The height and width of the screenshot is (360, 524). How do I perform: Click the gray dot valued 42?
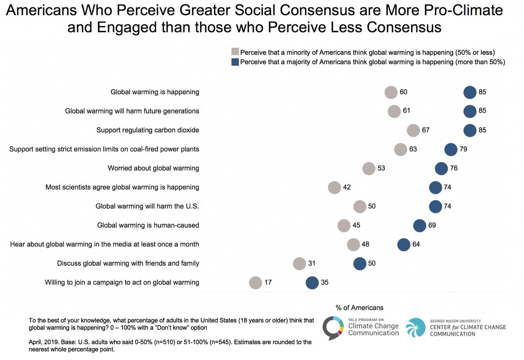[334, 187]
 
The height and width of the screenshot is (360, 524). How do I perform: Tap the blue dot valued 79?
[451, 149]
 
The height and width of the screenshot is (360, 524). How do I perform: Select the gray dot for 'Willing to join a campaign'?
[255, 283]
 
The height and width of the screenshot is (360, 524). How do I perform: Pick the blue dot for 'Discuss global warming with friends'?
[359, 263]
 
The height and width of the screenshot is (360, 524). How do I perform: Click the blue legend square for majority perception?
[236, 62]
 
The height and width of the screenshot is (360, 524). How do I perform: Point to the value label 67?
[426, 130]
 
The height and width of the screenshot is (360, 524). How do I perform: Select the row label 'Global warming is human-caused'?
[148, 225]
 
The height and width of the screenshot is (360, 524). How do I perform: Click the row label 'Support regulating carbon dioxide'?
[148, 130]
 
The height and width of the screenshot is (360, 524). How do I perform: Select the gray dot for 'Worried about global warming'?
[369, 169]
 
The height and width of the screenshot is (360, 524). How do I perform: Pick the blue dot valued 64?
[403, 245]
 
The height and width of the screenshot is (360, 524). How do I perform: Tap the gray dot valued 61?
[394, 111]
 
